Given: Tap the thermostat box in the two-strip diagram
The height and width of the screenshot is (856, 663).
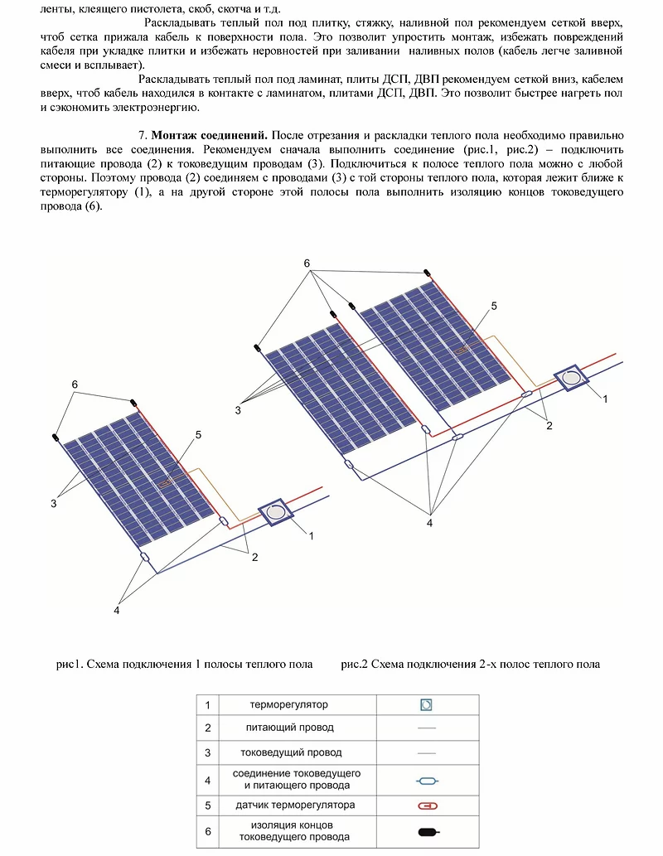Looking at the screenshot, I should point(571,379).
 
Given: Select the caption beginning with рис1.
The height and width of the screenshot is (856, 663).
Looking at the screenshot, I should point(184,664).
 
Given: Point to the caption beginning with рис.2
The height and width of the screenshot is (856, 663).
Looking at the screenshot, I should point(470,664).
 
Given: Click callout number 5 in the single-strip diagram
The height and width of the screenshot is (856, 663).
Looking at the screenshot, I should point(199,434).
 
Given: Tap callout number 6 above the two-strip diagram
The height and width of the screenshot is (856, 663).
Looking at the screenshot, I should point(307,264).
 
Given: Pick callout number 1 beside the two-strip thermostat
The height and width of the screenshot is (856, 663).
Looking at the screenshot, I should point(605,399).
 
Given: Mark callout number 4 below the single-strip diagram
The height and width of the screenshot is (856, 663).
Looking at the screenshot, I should point(117,610).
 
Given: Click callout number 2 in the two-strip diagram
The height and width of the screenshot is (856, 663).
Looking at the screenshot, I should point(548,425).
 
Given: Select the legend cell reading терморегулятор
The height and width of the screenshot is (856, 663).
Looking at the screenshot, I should point(289,704).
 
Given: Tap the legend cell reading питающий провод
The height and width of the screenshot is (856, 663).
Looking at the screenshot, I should point(289,728).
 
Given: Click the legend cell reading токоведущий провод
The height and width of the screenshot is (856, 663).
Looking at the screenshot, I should point(289,752).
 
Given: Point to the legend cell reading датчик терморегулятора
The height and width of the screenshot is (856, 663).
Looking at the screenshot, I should point(289,805).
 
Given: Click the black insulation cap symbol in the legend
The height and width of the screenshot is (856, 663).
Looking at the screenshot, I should point(428,831).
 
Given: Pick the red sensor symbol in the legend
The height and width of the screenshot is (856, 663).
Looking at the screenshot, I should point(428,805).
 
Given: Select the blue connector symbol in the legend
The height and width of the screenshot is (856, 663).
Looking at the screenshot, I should point(427,780).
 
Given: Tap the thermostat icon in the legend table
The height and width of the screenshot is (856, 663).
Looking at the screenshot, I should point(427,705).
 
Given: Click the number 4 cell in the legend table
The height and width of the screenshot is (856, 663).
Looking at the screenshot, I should point(206,779).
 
